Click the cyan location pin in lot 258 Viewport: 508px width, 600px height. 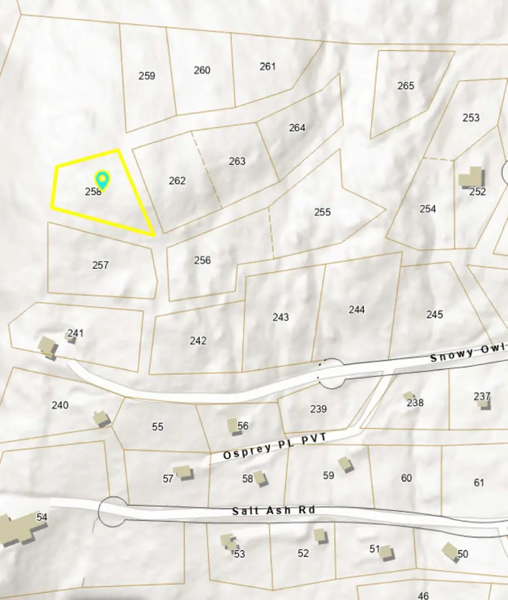pos(102,180)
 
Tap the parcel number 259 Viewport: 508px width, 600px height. pos(147,76)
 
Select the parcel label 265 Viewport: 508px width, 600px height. pos(406,86)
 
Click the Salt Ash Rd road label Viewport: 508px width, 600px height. pos(273,511)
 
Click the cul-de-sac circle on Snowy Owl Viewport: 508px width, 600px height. pos(332,373)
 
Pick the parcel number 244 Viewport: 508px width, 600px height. pos(357,310)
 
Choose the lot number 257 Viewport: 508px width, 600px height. pos(100,265)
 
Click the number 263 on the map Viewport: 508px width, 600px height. pos(237,162)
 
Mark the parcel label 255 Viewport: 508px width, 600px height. pos(322,212)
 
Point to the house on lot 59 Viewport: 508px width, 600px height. pos(345,464)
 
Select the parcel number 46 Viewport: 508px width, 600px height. pos(423,595)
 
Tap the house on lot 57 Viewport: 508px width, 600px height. pos(183,472)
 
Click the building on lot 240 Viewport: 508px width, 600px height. pos(101,418)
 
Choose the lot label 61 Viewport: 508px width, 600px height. pos(479,482)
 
